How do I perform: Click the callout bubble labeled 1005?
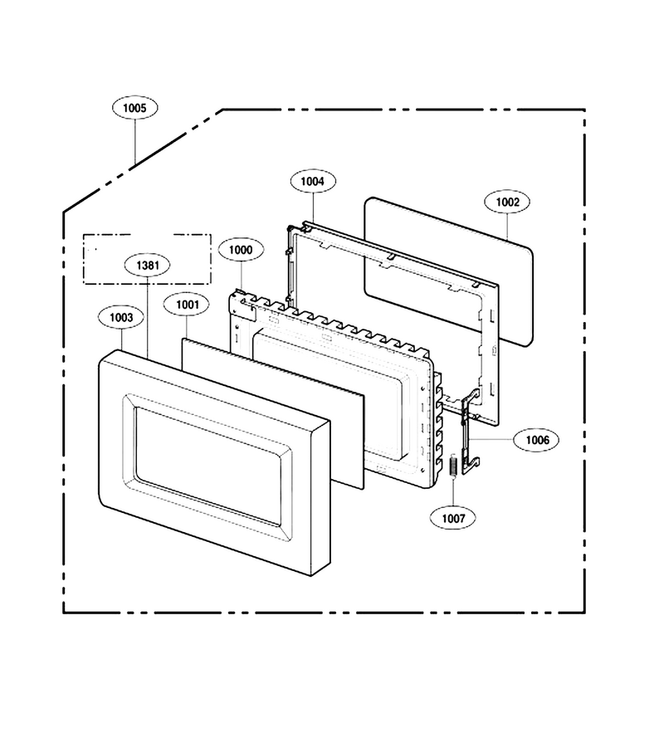point(134,108)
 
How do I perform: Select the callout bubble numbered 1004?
point(312,181)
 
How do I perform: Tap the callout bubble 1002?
point(507,202)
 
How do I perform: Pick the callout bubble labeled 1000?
point(241,250)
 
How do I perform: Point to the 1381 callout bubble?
point(147,265)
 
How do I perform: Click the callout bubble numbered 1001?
point(186,305)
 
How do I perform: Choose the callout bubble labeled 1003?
point(121,317)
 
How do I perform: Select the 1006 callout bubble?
point(537,440)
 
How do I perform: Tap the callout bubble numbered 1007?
point(453,518)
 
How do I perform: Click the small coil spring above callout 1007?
point(453,466)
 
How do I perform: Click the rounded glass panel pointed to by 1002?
point(449,271)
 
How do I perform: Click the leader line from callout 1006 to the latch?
point(491,439)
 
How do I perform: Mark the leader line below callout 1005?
point(135,141)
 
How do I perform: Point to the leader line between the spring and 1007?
point(453,491)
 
